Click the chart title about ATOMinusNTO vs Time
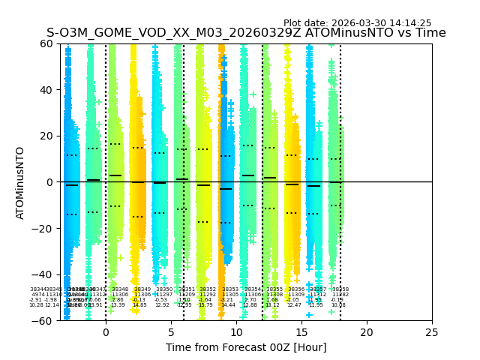(246, 33)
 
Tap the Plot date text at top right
(357, 23)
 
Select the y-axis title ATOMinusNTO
(21, 182)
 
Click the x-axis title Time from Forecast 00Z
(246, 347)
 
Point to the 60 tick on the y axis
(46, 43)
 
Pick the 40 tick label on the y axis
(46, 90)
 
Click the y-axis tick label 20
(46, 136)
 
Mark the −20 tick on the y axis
(43, 228)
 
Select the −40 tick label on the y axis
(43, 274)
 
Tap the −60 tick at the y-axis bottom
(43, 320)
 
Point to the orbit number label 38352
(208, 289)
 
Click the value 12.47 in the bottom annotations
(294, 305)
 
